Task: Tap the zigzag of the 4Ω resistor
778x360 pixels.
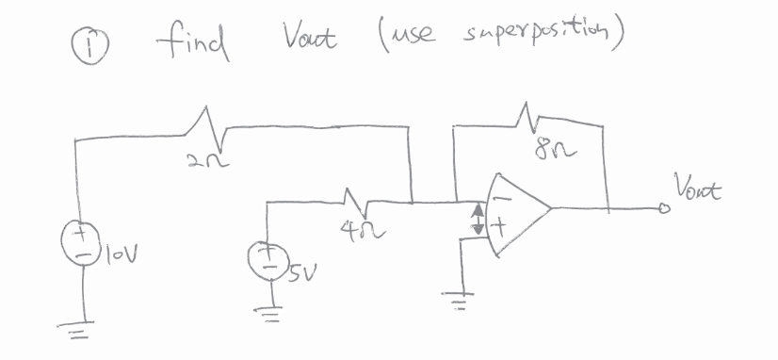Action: (x=355, y=199)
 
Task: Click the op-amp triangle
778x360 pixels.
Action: (x=513, y=214)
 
